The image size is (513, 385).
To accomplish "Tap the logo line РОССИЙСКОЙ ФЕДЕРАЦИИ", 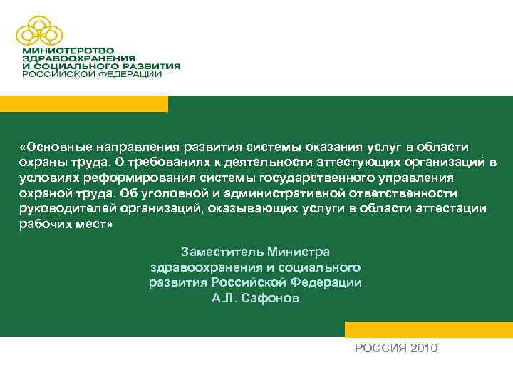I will pyautogui.click(x=92, y=73).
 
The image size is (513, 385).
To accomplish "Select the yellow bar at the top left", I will pyautogui.click(x=84, y=103).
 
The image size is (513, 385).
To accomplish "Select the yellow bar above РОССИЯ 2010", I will pyautogui.click(x=428, y=329).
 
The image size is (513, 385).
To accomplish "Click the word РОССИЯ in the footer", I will pyautogui.click(x=378, y=348).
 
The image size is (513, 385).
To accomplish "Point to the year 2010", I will pyautogui.click(x=423, y=348).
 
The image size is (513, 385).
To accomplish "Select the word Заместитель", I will pyautogui.click(x=222, y=252).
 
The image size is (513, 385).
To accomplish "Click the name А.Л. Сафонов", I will pyautogui.click(x=256, y=299).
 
